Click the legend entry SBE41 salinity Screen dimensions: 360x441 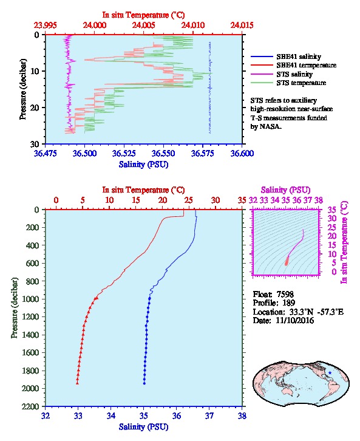[299, 56]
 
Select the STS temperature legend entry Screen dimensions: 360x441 [301, 83]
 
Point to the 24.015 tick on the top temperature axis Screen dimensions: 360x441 [242, 25]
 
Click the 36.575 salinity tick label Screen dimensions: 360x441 [202, 153]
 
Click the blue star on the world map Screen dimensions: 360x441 [330, 372]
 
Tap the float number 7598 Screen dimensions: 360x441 [285, 294]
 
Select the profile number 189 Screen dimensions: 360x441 [288, 303]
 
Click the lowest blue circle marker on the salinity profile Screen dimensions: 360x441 [144, 383]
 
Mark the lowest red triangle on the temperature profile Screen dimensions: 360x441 [77, 383]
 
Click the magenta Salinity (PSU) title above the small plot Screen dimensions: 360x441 [285, 190]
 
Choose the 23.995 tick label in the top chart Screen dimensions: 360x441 [46, 25]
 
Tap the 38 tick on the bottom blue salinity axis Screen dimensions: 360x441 [242, 415]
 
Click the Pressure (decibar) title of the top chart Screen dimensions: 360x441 [23, 89]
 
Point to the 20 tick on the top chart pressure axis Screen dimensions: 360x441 [35, 108]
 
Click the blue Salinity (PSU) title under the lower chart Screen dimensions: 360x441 [144, 427]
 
